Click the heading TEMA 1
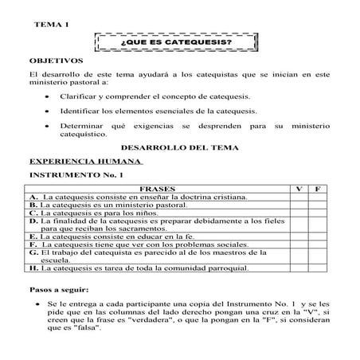point(53,26)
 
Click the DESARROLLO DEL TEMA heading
point(178,148)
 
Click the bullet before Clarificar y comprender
point(50,96)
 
